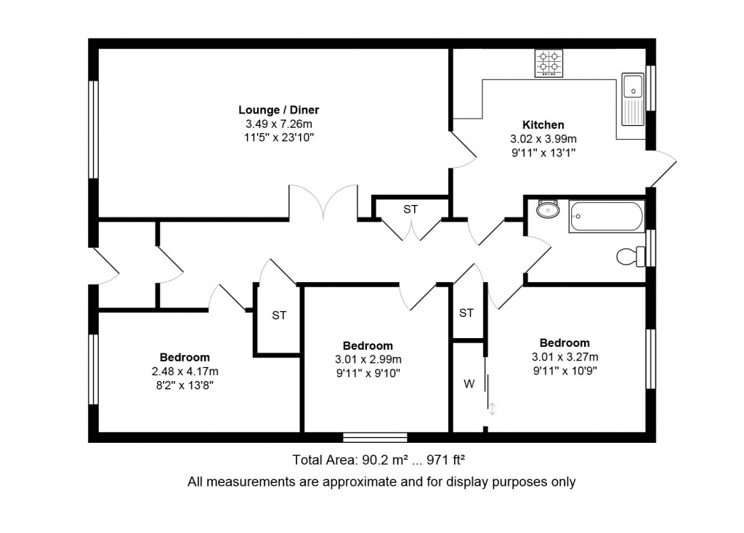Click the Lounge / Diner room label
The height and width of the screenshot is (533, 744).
[x=278, y=110]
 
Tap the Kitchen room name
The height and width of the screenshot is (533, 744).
[x=543, y=125]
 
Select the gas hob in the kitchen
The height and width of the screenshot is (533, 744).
[x=549, y=63]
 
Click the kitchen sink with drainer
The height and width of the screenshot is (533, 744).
[x=633, y=100]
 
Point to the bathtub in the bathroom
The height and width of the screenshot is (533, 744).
[x=607, y=216]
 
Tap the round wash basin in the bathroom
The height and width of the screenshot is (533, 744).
[x=548, y=209]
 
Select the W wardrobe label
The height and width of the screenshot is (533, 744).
[x=469, y=384]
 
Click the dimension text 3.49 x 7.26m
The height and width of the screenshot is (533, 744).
[x=278, y=124]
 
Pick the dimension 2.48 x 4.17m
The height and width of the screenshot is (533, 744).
[x=185, y=372]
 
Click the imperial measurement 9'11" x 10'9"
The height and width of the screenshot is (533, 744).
[x=565, y=371]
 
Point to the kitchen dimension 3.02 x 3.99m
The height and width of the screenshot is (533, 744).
[x=543, y=139]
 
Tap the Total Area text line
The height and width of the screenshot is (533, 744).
[x=378, y=460]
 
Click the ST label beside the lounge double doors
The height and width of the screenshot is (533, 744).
[x=411, y=209]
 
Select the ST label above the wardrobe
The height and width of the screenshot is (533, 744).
[x=466, y=313]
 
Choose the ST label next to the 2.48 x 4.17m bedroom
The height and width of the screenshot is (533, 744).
[x=279, y=315]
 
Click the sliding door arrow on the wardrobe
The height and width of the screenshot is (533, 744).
[x=493, y=409]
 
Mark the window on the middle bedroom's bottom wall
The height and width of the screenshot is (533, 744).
[x=375, y=438]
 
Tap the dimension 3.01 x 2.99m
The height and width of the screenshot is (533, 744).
[x=368, y=360]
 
